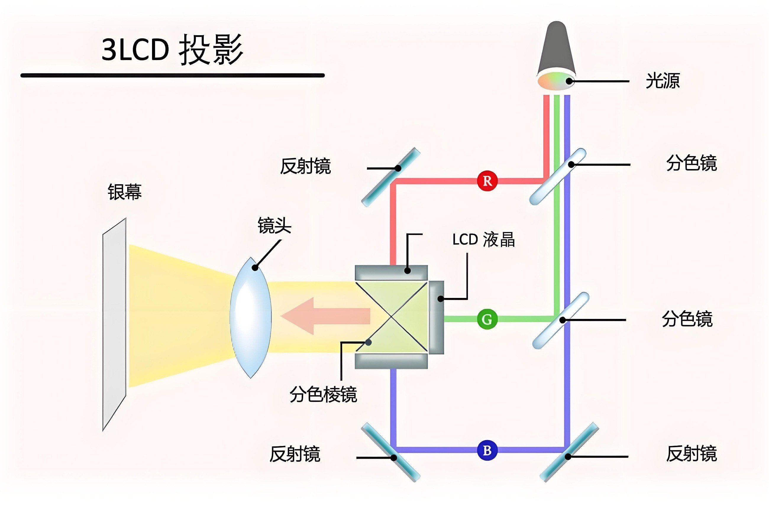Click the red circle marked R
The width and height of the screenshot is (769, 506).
pyautogui.click(x=487, y=181)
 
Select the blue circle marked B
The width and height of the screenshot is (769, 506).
pyautogui.click(x=487, y=450)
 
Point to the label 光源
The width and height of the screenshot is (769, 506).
pyautogui.click(x=663, y=81)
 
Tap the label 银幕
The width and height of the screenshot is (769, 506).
pyautogui.click(x=125, y=192)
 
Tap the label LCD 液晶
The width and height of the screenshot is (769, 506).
pyautogui.click(x=483, y=240)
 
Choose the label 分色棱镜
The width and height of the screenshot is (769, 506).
pyautogui.click(x=323, y=394)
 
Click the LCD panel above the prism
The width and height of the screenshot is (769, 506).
pyautogui.click(x=391, y=273)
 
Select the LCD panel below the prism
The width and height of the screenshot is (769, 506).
pyautogui.click(x=391, y=361)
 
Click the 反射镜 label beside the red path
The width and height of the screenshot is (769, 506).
pyautogui.click(x=305, y=166)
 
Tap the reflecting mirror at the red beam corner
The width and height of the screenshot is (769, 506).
pyautogui.click(x=391, y=177)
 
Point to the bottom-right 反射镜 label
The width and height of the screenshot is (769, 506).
pyautogui.click(x=692, y=454)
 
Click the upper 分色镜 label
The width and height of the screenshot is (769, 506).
pyautogui.click(x=692, y=163)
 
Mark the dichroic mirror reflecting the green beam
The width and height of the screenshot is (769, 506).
pyautogui.click(x=560, y=320)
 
